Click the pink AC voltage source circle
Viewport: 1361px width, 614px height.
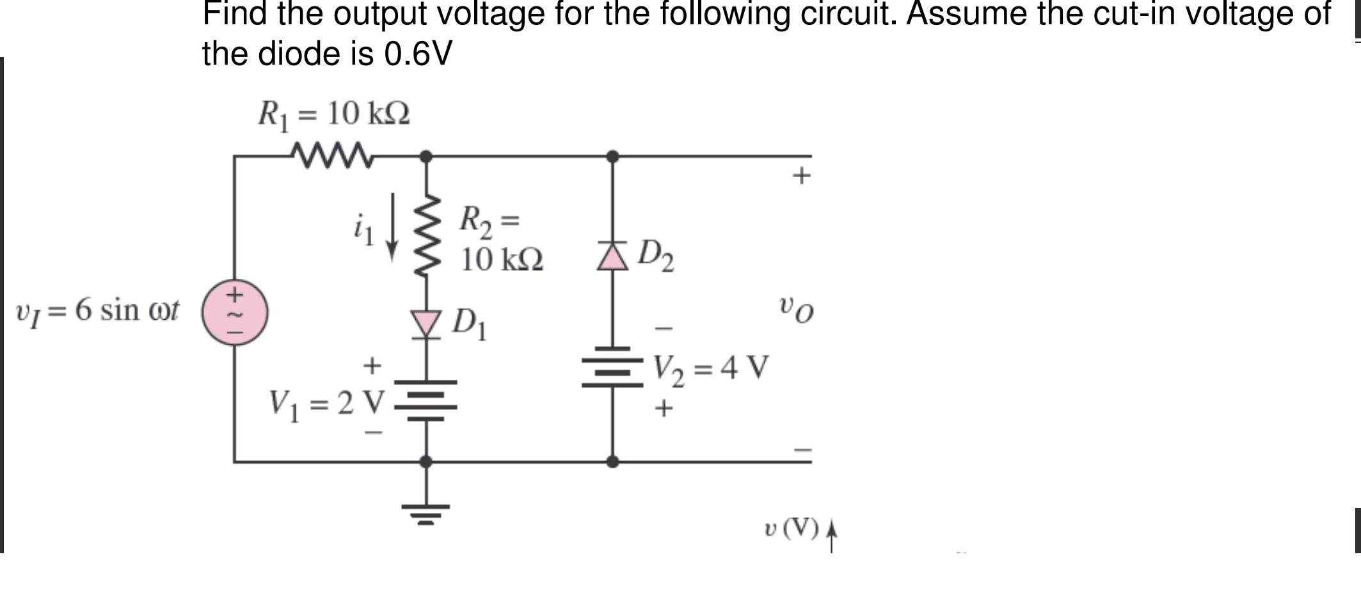point(235,313)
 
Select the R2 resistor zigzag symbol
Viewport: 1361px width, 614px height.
point(427,235)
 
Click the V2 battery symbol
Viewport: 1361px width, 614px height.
point(612,368)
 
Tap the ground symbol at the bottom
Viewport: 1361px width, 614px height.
point(426,512)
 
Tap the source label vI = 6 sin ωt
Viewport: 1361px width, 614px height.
point(97,311)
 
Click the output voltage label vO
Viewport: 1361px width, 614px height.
point(797,310)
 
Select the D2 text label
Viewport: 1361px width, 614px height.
point(657,255)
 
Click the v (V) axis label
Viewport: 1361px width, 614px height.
point(792,530)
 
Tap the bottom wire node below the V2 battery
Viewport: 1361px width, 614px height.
point(612,461)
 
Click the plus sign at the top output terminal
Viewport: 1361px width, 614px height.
point(801,175)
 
